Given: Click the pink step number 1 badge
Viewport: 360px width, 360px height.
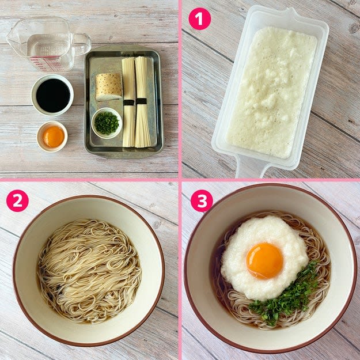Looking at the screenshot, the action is pos(199,18).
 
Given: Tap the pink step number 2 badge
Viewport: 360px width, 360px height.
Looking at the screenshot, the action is pos(17,200).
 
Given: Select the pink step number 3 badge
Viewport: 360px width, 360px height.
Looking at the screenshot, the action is pos(202,200).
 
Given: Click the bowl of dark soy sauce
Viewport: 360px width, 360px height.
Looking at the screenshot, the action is pos(52,95).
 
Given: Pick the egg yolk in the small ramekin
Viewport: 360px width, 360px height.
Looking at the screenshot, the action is pos(54,137).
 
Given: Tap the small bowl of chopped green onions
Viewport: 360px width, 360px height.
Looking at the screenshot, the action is pos(107,123).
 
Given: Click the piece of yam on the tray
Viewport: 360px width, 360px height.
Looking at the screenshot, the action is pos(108,87).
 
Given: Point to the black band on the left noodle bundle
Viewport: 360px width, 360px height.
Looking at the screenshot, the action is pos(129,103).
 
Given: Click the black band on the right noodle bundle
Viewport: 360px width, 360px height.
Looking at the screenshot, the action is pos(141,101).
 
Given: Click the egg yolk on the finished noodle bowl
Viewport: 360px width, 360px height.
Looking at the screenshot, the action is pos(264,260).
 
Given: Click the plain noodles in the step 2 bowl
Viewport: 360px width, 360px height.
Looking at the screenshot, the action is pos(89,271).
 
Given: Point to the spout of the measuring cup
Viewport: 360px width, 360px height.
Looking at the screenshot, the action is pos(11,39).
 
